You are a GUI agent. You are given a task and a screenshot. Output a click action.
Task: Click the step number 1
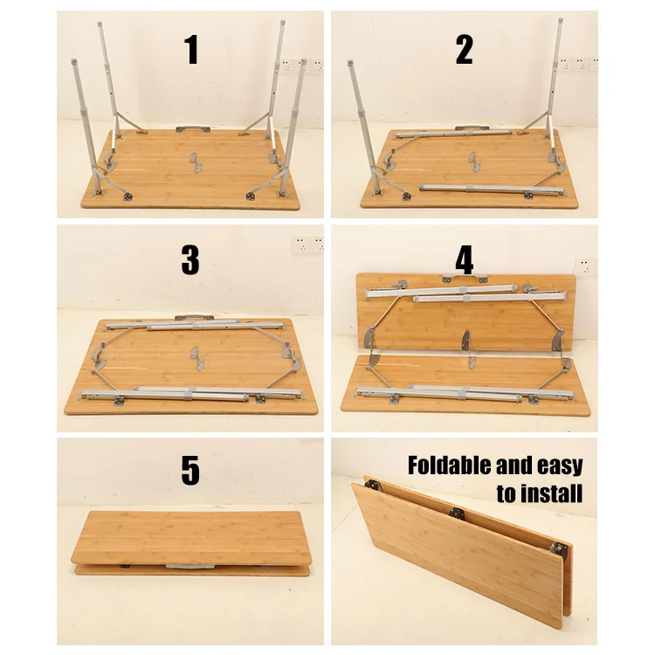pyautogui.click(x=191, y=50)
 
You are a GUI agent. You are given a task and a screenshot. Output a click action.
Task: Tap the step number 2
pyautogui.click(x=464, y=50)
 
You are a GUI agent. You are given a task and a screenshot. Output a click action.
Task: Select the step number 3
pyautogui.click(x=190, y=260)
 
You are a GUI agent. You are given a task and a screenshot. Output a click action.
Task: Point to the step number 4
pyautogui.click(x=464, y=260)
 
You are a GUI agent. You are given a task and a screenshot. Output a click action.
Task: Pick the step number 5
pyautogui.click(x=190, y=471)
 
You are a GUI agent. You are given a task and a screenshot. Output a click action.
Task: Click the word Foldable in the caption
pyautogui.click(x=449, y=465)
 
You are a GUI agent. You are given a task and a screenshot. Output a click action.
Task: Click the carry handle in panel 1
pyautogui.click(x=193, y=129)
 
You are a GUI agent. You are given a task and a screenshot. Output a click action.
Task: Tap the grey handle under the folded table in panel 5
pyautogui.click(x=190, y=567)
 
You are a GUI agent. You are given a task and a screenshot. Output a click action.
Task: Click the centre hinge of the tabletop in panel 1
pyautogui.click(x=196, y=162)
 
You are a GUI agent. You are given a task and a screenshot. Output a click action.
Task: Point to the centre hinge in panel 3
pyautogui.click(x=196, y=358)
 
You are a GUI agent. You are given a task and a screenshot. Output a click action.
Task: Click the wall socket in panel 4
pyautogui.click(x=584, y=267)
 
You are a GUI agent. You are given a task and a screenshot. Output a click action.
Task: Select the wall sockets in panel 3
pyautogui.click(x=307, y=245)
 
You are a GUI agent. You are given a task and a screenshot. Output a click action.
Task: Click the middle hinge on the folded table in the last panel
pyautogui.click(x=457, y=513)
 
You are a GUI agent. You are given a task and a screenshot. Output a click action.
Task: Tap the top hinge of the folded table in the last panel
pyautogui.click(x=373, y=485)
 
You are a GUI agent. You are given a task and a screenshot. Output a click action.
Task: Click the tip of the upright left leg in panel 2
pyautogui.click(x=350, y=63)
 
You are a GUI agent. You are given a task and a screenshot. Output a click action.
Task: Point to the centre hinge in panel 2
pyautogui.click(x=474, y=162)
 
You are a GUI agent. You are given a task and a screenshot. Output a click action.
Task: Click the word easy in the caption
pyautogui.click(x=560, y=466)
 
